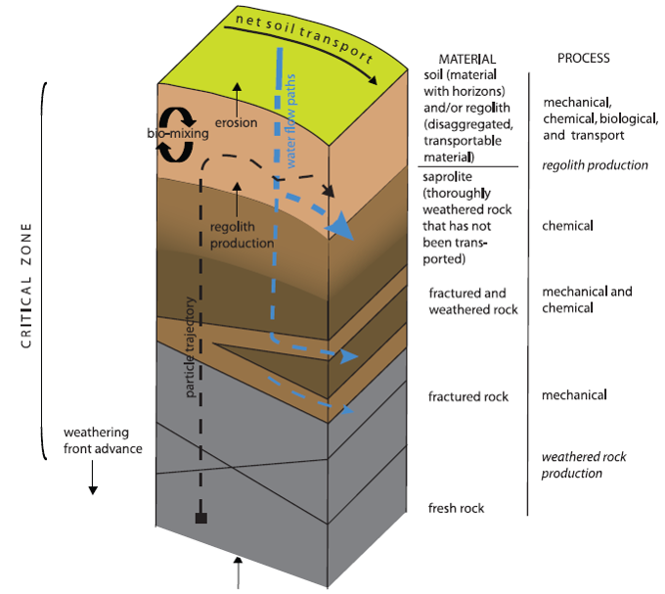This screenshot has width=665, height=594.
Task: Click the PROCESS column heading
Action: coord(583,59)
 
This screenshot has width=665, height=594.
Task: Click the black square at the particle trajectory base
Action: coord(199,518)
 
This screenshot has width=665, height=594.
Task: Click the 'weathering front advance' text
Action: coord(103,440)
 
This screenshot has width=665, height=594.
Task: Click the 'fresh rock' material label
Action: coord(456,509)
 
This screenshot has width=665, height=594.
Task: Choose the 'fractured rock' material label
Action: coord(468,396)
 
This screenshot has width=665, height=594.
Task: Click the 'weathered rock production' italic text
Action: coord(584,465)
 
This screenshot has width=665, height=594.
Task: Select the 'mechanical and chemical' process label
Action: coord(587,299)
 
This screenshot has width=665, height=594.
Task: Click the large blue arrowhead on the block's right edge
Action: coord(338,225)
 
